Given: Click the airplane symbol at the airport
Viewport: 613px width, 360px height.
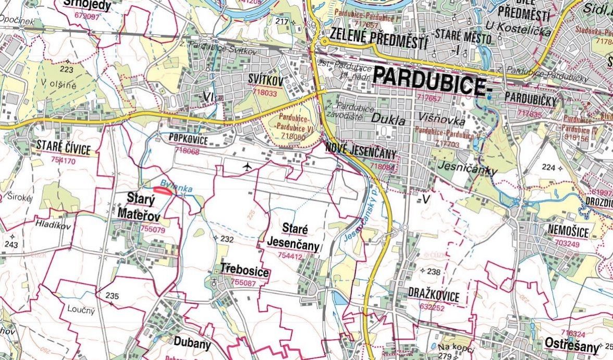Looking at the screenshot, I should click(x=247, y=166).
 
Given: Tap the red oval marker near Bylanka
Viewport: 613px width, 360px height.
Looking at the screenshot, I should click(x=163, y=191).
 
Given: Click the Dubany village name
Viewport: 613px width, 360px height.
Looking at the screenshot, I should click(x=193, y=344).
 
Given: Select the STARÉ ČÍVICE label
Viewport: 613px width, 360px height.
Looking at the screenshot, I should click(x=63, y=146).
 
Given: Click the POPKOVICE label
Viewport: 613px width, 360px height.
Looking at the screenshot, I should click(x=188, y=140).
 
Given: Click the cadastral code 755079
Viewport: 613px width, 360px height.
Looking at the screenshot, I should click(x=153, y=229).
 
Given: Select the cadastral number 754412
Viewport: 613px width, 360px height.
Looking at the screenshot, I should click(x=290, y=256).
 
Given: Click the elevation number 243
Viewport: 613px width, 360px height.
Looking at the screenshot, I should click(x=11, y=244).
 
